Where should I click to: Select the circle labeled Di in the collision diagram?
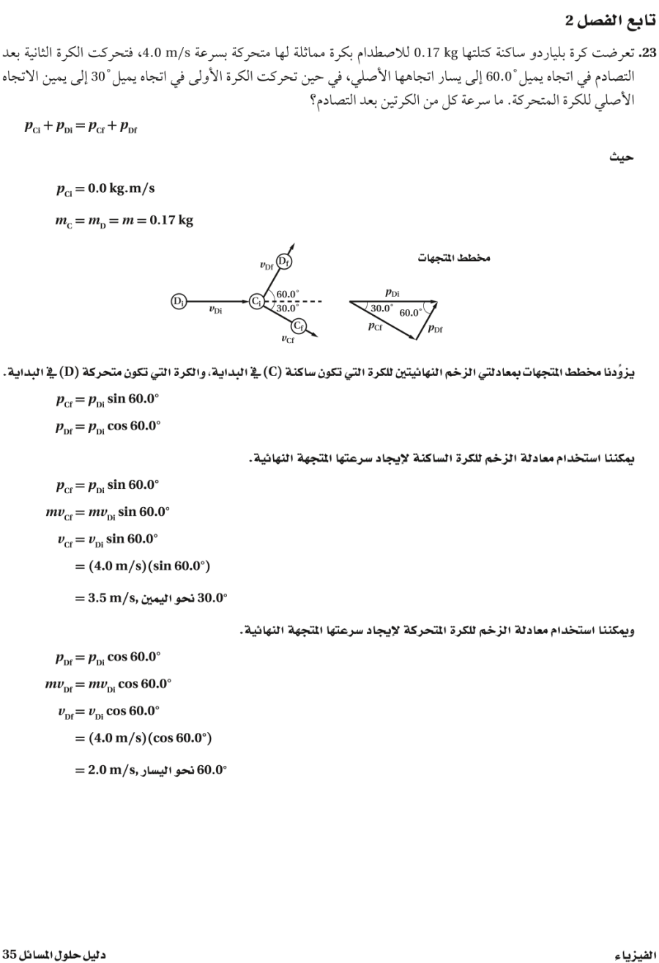click(x=178, y=300)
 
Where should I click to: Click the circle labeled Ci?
click(x=256, y=300)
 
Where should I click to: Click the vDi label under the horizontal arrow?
click(x=216, y=309)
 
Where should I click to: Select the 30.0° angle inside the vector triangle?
click(x=381, y=309)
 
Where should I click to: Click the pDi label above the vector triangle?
click(x=392, y=292)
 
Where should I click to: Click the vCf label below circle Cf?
click(x=288, y=339)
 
